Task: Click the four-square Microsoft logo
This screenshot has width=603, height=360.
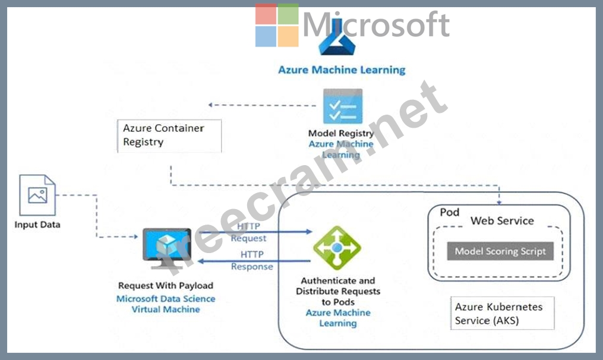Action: (277, 26)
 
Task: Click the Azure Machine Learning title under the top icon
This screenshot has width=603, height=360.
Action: (342, 70)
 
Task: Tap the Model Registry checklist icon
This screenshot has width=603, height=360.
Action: (342, 106)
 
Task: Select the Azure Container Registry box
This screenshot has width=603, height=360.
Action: (169, 135)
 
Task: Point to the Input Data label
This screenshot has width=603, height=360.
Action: (37, 225)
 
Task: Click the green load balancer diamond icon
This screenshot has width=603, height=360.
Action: (337, 248)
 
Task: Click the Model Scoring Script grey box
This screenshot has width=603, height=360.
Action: (500, 251)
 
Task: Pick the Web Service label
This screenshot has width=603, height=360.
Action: (502, 221)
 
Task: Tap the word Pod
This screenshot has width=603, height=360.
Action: (450, 212)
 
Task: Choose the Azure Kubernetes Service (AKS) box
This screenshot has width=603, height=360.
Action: (502, 313)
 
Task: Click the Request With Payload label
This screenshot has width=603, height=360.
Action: (166, 286)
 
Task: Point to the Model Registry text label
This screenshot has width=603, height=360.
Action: (341, 134)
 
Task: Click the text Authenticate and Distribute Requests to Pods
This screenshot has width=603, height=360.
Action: (337, 291)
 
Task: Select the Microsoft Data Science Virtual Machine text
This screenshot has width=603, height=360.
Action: (166, 304)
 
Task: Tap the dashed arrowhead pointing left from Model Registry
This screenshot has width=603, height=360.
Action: (211, 105)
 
